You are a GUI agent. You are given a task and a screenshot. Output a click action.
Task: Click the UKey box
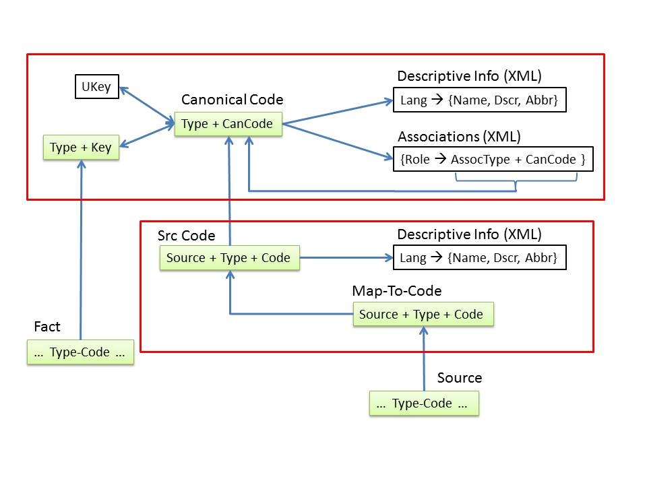(96, 87)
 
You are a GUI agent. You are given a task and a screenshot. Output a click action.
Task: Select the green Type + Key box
(81, 148)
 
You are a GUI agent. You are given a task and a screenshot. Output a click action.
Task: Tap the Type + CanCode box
(228, 124)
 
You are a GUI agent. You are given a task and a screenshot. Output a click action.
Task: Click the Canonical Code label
(232, 100)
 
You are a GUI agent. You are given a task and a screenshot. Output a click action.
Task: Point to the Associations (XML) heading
(459, 136)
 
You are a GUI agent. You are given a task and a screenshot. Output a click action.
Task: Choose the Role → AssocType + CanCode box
(493, 160)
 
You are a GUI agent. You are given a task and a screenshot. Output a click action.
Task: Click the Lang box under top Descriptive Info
(479, 100)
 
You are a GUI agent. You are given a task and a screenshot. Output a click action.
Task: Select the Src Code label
(186, 235)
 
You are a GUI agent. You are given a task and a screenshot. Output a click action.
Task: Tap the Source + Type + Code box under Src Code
(229, 258)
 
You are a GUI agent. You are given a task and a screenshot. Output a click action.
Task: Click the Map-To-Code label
(396, 290)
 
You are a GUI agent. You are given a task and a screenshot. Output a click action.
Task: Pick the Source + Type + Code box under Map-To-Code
(423, 315)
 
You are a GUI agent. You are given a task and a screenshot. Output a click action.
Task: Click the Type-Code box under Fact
(80, 352)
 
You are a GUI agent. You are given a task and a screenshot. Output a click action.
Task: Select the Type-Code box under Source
(423, 403)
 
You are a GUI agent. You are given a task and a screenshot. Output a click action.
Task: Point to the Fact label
(47, 327)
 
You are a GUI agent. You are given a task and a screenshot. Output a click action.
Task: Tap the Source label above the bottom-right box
(460, 377)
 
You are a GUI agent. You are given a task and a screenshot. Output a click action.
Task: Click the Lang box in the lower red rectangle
(479, 258)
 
